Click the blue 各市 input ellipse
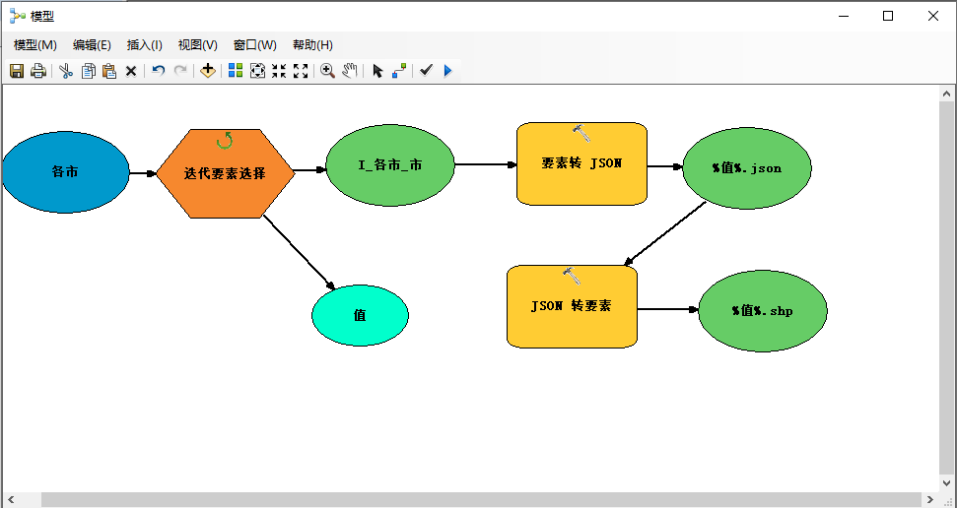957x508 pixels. pos(65,172)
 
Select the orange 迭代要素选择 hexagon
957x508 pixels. pos(225,173)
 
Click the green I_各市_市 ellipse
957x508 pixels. pos(389,164)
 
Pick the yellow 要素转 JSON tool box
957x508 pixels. pos(581,164)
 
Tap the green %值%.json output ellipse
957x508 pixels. pos(746,168)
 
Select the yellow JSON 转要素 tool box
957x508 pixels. pos(572,306)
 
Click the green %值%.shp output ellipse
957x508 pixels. pos(762,311)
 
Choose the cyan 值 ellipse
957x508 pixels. pos(360,316)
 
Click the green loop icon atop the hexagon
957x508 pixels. pos(225,140)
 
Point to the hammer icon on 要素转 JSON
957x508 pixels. pos(581,132)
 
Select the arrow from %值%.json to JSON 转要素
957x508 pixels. pos(665,234)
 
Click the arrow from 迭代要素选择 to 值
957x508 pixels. pos(300,252)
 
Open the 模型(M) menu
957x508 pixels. pos(35,45)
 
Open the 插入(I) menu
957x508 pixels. pos(145,45)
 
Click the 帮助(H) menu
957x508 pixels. pos(312,45)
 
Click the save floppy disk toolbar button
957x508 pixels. pos(17,71)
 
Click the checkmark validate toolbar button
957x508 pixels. pos(426,71)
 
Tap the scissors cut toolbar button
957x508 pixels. pos(66,71)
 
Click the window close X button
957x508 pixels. pos(932,16)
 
